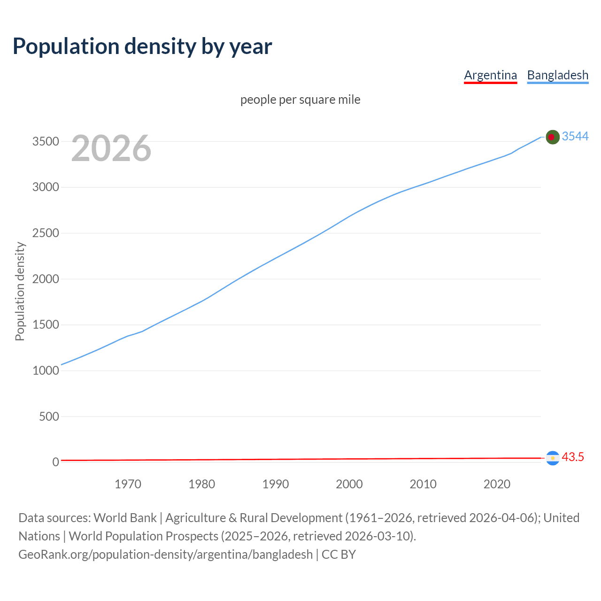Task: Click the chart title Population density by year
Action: coord(142,46)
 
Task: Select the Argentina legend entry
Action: coord(490,75)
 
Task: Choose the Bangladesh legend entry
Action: coord(557,75)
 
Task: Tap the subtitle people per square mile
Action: coord(300,100)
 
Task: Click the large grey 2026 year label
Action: coord(111,148)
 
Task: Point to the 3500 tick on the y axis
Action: coord(46,142)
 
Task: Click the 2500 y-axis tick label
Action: coord(46,233)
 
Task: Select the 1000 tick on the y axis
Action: coord(46,371)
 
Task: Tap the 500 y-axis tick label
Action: coord(49,416)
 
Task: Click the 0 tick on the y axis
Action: coord(56,462)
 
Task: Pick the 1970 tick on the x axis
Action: coord(128,484)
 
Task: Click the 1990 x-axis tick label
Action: coord(276,484)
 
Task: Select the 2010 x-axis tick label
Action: coord(423,484)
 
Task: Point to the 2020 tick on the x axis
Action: coord(497,484)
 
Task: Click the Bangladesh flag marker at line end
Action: coord(553,137)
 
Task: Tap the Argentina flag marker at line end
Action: coord(553,458)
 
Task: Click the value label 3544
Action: coord(575,136)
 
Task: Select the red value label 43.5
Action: coord(573,457)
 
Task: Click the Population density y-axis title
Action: coord(20,291)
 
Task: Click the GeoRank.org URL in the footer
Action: coord(165,555)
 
